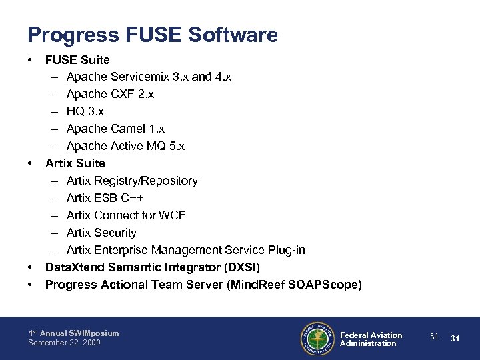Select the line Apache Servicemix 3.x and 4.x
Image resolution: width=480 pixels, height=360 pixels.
149,77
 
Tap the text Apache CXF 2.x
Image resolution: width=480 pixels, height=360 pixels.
110,94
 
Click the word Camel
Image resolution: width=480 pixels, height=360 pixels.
127,129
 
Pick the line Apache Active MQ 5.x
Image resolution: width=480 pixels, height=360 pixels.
125,146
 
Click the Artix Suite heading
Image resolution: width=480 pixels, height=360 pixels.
75,163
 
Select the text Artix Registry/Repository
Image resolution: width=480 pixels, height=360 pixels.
132,181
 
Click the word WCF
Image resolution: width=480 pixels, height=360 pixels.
173,215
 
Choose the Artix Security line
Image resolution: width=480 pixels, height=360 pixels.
101,233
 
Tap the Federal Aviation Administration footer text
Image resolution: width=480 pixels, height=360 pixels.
371,339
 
